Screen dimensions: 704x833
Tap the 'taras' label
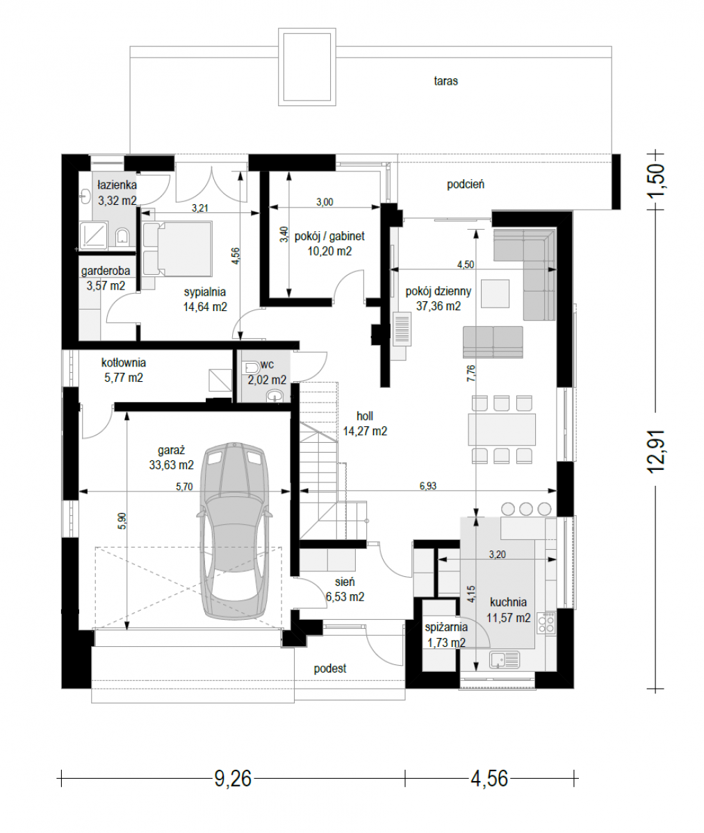(446, 81)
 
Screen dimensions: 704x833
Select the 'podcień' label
(466, 185)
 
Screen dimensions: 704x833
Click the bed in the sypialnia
(177, 249)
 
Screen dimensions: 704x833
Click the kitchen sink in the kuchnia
(505, 659)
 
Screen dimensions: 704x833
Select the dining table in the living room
(502, 429)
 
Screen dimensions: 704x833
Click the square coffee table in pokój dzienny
(495, 294)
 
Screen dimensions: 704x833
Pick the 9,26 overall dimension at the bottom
(233, 778)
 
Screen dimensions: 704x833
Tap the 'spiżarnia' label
(446, 627)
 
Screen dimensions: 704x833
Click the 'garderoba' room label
(106, 271)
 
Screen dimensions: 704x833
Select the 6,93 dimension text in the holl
(428, 485)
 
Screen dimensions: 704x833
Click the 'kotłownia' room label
(124, 362)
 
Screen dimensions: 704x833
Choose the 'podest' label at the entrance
(330, 668)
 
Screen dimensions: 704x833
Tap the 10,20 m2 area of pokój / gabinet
(329, 251)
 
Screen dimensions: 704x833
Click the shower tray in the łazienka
(94, 235)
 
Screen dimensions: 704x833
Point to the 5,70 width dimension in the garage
(184, 487)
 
